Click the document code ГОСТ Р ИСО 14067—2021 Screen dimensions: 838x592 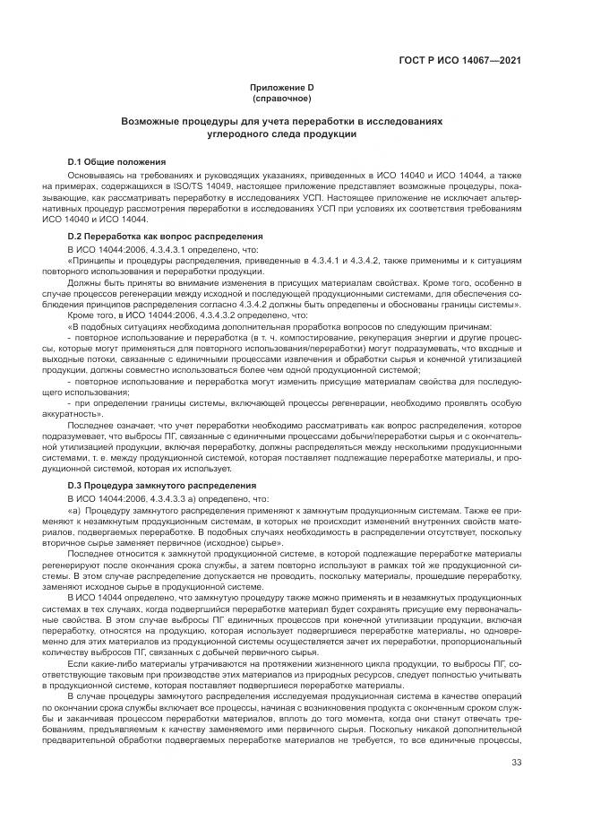click(460, 62)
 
